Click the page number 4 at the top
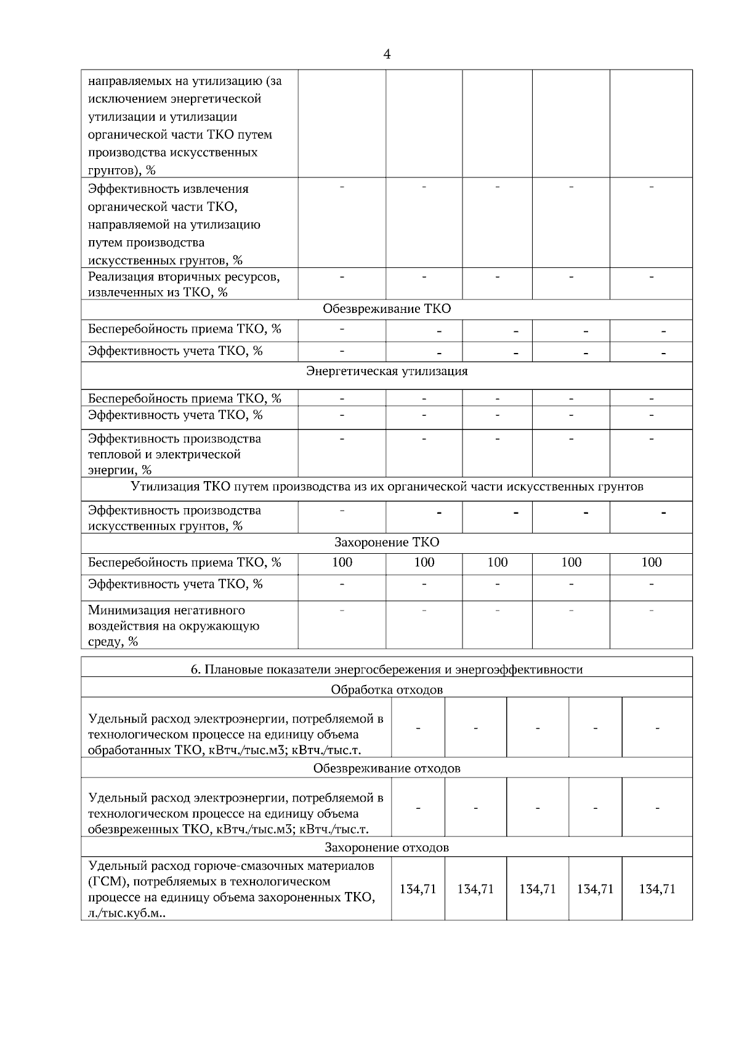[387, 54]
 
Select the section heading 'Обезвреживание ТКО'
[387, 309]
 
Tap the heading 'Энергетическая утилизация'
[387, 371]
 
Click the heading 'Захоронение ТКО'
[387, 542]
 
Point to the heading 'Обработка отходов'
[387, 689]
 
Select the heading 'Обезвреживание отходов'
[387, 768]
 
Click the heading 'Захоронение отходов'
[387, 847]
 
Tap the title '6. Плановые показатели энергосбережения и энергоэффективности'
[387, 669]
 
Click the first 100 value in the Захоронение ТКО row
[342, 562]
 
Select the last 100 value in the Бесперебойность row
[651, 562]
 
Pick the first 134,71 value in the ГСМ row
[418, 889]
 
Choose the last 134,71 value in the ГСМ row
[657, 889]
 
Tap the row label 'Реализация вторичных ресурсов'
[184, 284]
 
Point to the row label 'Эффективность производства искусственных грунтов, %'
[174, 518]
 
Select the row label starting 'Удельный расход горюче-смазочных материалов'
[232, 889]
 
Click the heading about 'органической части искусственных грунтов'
[387, 487]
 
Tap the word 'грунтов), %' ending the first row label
[122, 171]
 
